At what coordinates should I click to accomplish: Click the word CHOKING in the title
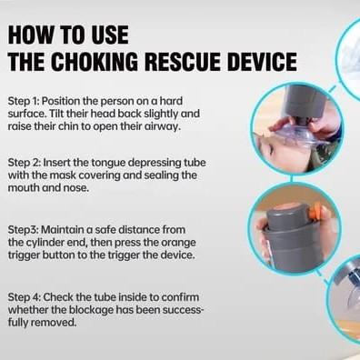tap(95, 62)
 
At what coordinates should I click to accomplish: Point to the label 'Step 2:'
tap(24, 163)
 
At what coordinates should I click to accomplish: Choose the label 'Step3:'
tap(23, 230)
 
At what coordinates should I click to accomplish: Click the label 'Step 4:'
tap(24, 297)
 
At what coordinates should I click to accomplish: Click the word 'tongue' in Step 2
tap(108, 163)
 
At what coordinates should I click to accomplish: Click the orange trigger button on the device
tap(317, 211)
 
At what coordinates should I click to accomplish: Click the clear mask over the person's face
tap(290, 138)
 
